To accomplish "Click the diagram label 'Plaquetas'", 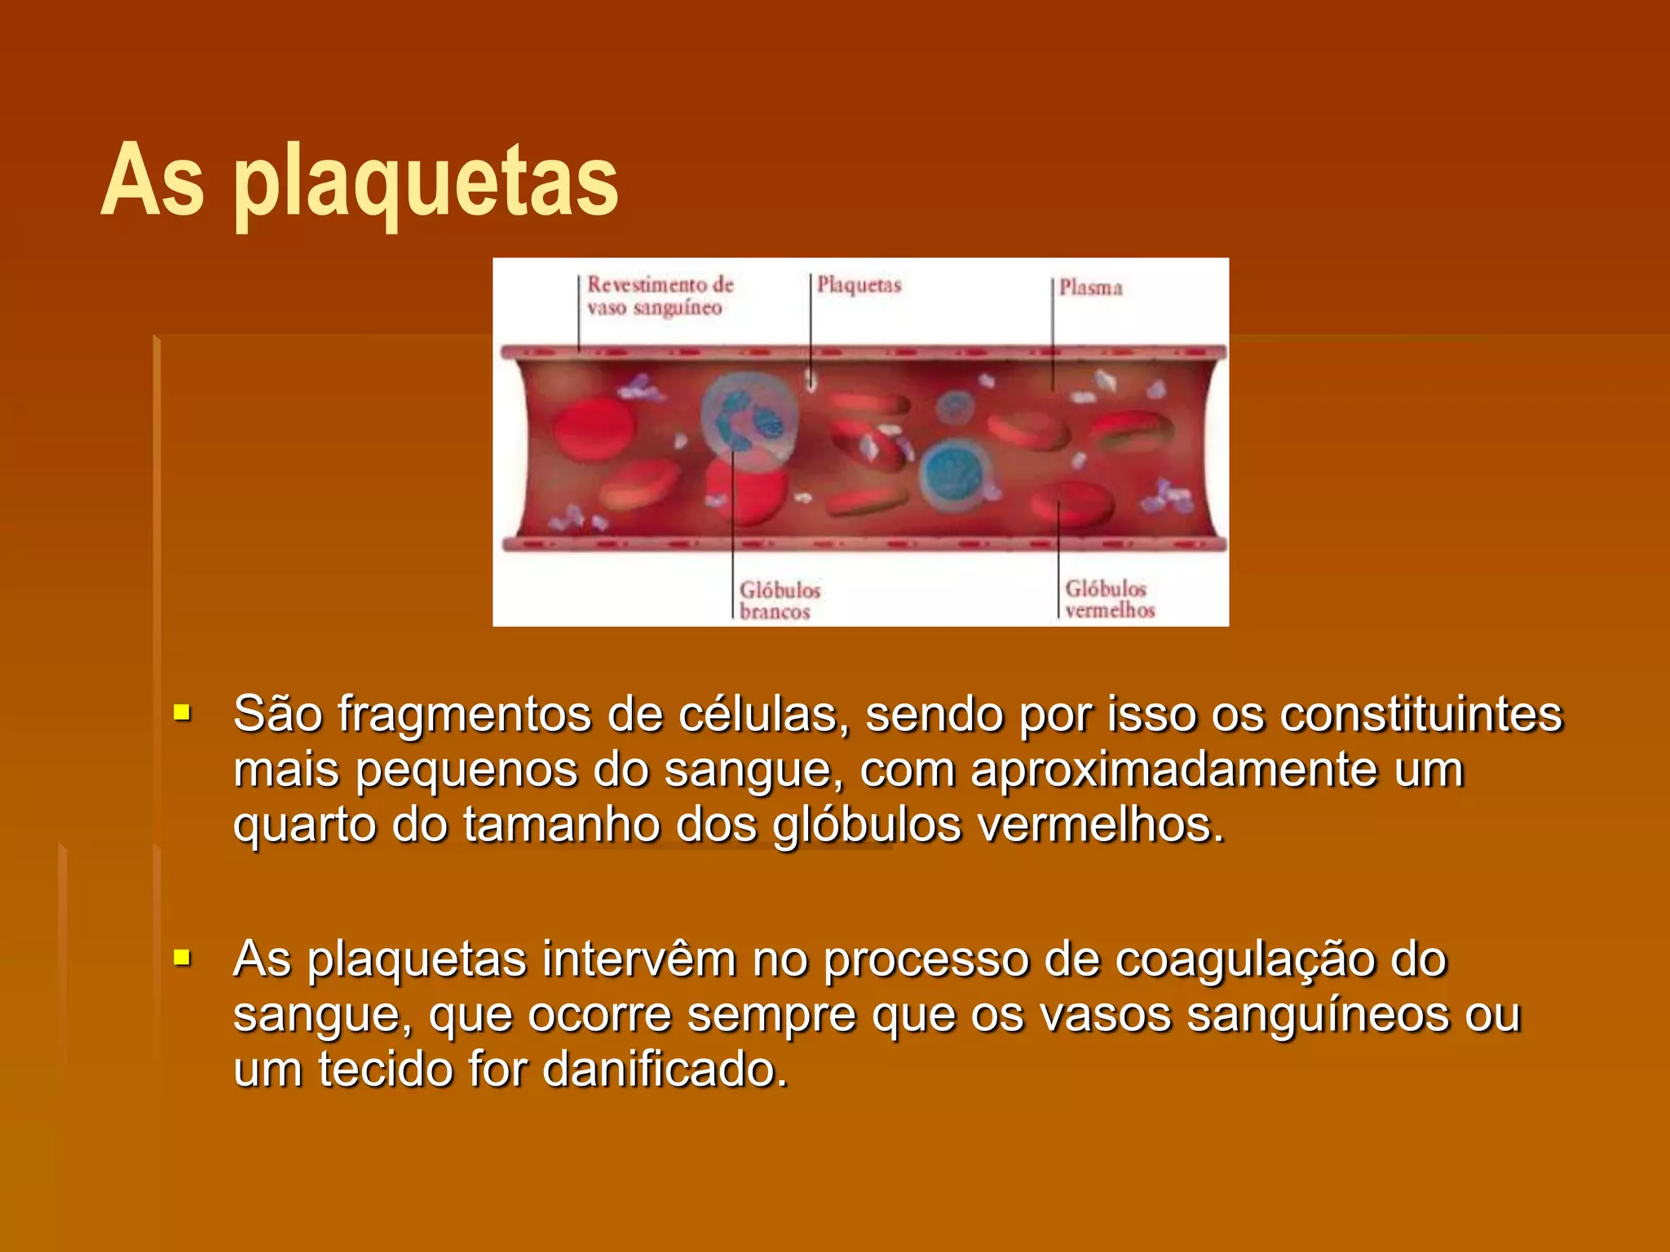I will point(859,285).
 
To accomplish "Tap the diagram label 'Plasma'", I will point(1090,288).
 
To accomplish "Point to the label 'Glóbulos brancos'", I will point(779,601).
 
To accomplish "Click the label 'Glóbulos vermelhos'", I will point(1109,599).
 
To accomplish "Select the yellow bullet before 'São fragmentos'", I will point(182,714).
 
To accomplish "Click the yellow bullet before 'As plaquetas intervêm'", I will point(182,957).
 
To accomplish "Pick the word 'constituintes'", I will point(1420,714).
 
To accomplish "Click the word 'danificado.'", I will point(665,1069).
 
